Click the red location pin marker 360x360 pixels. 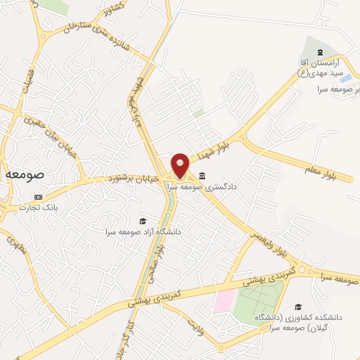click(x=181, y=165)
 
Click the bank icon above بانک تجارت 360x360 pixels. click(x=38, y=198)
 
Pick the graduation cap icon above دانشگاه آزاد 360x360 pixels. click(x=143, y=220)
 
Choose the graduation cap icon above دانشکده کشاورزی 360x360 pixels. click(x=298, y=307)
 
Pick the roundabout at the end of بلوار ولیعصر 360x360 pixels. click(x=303, y=269)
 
